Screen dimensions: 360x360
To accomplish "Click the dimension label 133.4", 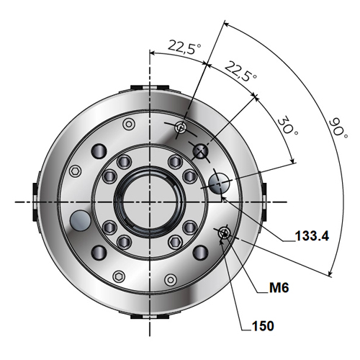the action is click(312, 235).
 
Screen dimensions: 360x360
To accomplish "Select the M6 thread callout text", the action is click(279, 287).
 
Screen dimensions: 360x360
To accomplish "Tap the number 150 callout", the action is click(263, 326).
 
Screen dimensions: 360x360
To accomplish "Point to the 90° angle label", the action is click(338, 127).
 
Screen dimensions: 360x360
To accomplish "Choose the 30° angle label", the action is click(287, 126).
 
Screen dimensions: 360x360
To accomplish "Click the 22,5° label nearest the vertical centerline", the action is click(184, 48).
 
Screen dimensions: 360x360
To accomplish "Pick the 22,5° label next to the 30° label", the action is click(240, 71).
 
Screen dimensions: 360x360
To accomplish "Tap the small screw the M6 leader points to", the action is click(225, 233).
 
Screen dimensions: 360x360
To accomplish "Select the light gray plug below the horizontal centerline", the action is click(80, 220).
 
